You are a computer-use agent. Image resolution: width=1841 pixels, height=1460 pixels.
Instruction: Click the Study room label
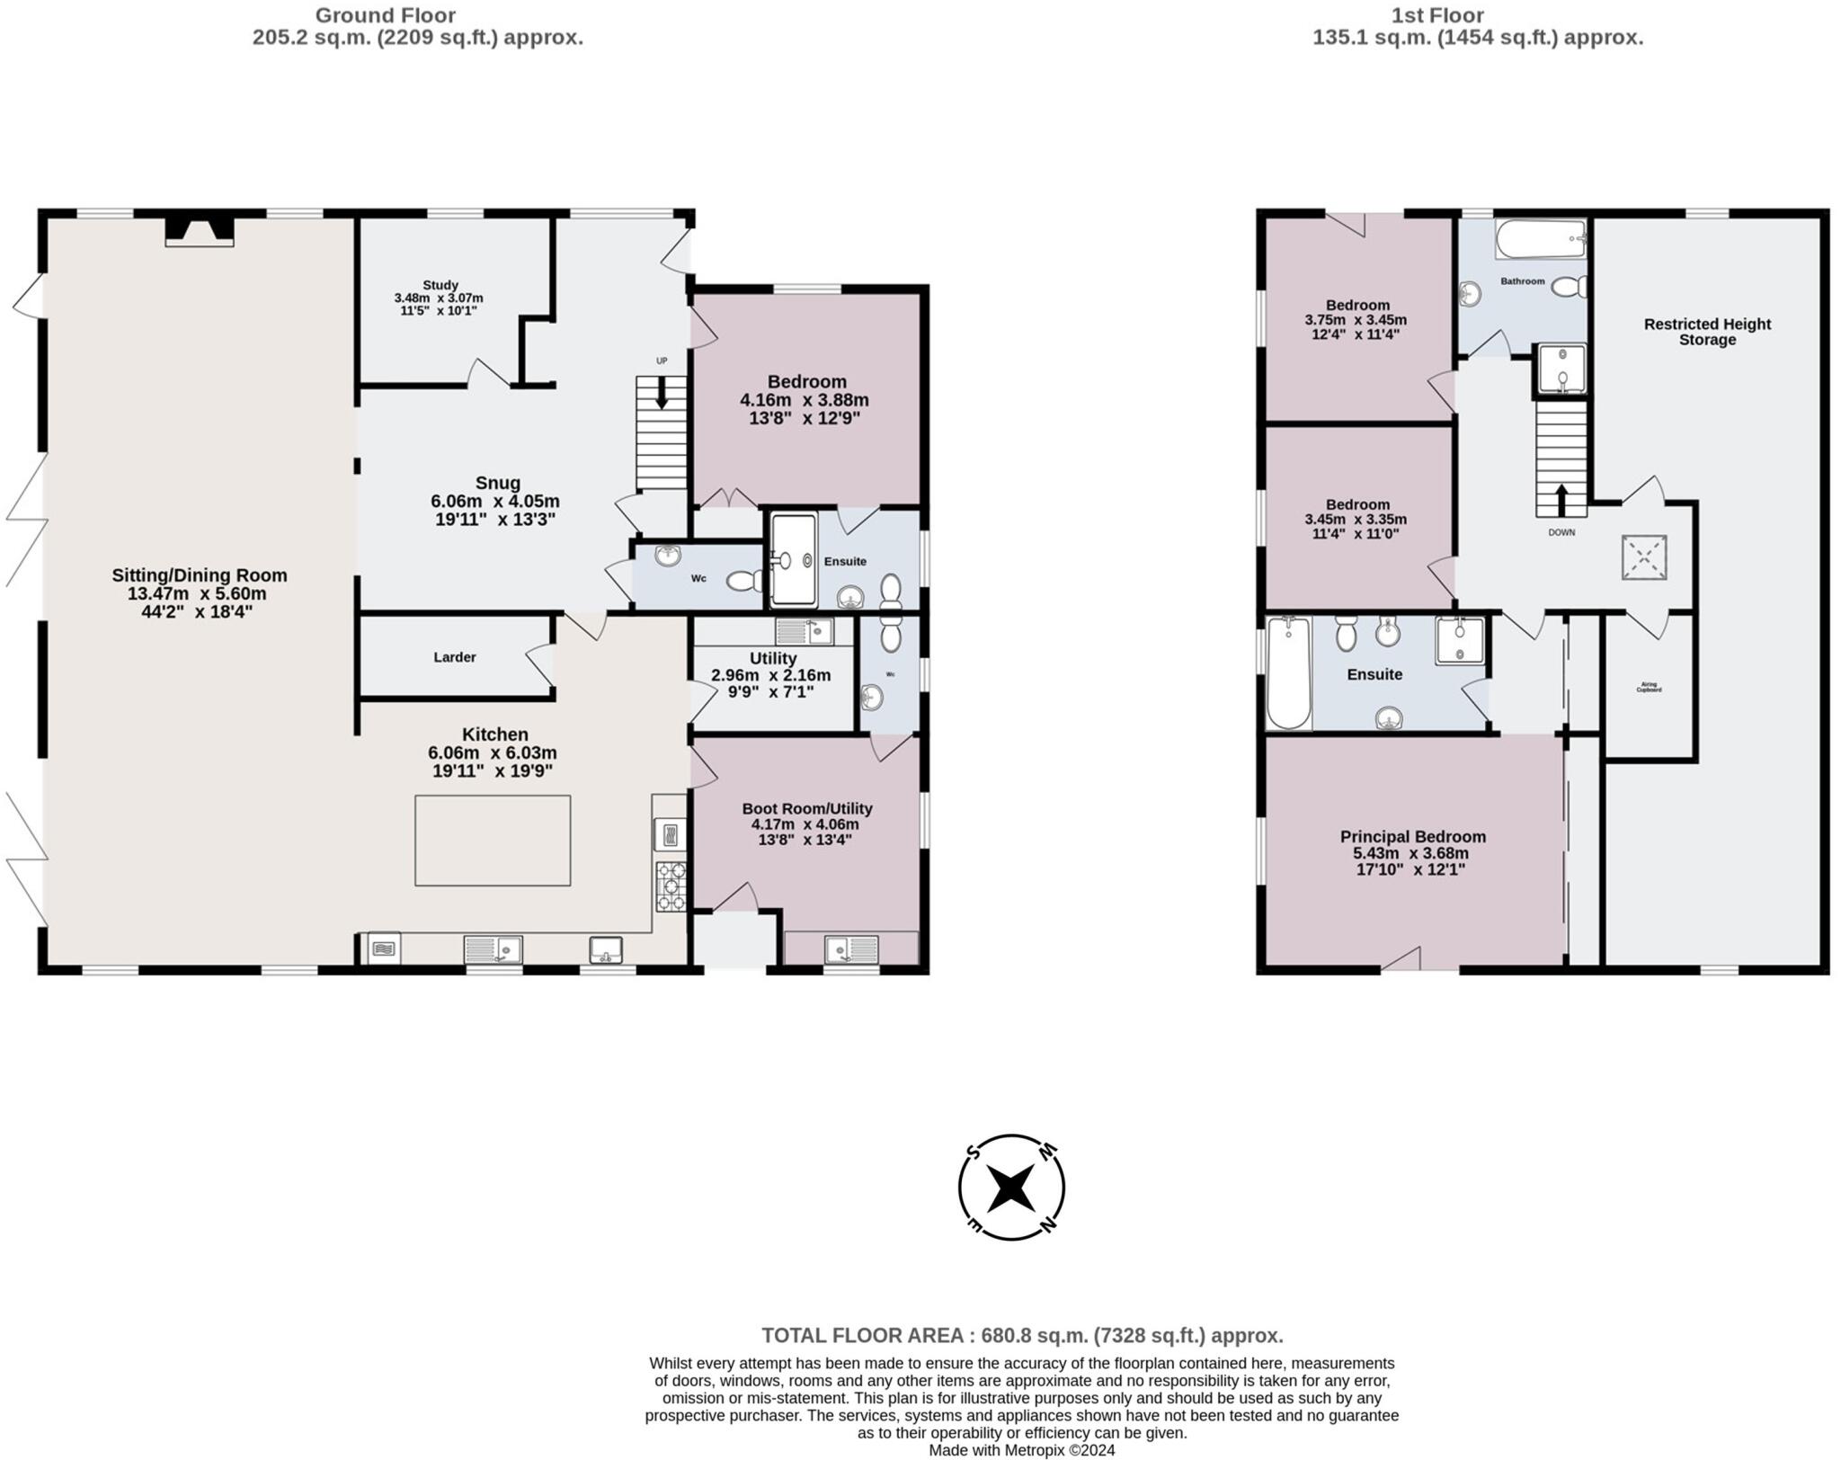(x=440, y=285)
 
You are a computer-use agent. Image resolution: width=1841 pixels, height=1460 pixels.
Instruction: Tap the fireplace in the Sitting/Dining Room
(x=199, y=231)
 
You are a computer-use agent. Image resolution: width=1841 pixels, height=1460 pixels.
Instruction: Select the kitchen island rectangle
(x=492, y=840)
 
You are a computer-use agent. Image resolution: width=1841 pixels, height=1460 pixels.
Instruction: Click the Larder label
(x=454, y=657)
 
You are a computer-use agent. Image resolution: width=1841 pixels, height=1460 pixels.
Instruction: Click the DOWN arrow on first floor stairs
(x=1561, y=500)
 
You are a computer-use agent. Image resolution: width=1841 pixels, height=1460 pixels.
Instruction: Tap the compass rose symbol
(x=1011, y=1188)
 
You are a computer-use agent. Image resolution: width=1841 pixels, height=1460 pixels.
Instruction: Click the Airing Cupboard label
(x=1649, y=688)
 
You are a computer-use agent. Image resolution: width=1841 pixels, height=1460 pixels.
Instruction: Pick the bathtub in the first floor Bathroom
(x=1541, y=239)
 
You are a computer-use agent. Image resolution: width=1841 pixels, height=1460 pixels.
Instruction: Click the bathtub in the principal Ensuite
(x=1288, y=672)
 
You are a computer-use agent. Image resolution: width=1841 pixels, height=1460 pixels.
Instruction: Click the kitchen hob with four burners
(x=671, y=886)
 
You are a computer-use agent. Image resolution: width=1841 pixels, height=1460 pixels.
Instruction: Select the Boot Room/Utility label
(x=806, y=808)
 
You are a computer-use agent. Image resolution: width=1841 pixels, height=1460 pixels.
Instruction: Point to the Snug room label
(x=497, y=483)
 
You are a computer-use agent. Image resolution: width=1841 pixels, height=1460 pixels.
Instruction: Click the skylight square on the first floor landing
(x=1644, y=557)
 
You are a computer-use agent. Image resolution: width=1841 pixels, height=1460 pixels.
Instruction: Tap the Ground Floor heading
(x=385, y=15)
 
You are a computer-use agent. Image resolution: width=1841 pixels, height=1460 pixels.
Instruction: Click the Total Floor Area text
(x=1021, y=1335)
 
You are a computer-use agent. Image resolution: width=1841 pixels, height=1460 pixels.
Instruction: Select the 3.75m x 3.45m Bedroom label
(x=1356, y=305)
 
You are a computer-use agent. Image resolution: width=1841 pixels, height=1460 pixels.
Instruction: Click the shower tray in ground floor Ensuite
(x=794, y=559)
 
